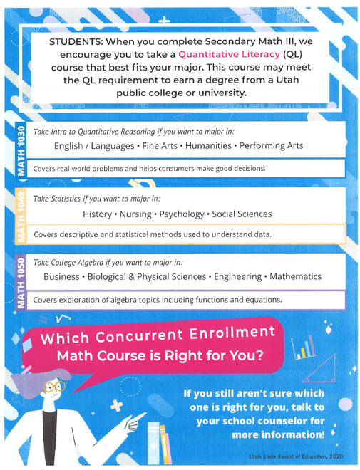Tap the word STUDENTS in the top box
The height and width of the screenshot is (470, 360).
(x=79, y=41)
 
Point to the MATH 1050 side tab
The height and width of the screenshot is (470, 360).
(x=21, y=283)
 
